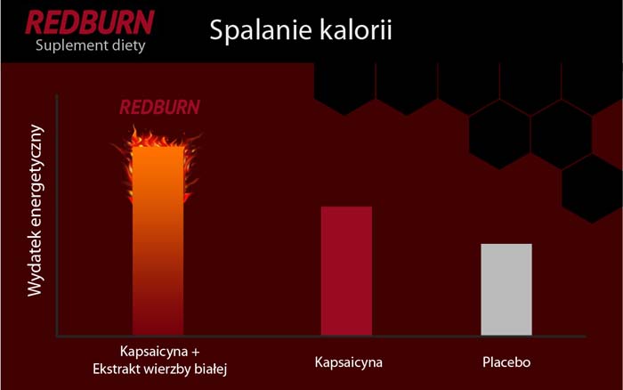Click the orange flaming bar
(158, 240)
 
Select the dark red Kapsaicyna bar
(346, 271)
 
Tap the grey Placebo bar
(506, 289)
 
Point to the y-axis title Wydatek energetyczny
(35, 210)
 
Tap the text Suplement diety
(88, 45)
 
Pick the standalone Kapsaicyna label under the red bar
(348, 363)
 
